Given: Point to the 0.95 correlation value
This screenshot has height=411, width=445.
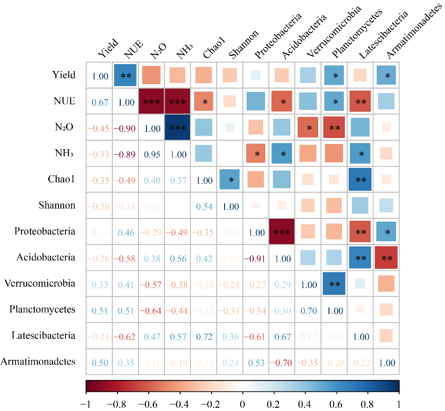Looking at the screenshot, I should [x=152, y=154].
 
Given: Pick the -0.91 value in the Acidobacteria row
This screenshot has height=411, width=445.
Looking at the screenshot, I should [x=256, y=258].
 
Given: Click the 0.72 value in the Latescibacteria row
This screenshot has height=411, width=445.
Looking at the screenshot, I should [x=204, y=335].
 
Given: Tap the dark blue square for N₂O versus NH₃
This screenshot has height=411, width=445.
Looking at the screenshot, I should [x=178, y=127].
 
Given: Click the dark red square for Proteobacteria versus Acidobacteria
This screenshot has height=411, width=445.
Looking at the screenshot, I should [x=282, y=231].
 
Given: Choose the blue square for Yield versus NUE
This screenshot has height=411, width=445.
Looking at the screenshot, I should [x=125, y=75].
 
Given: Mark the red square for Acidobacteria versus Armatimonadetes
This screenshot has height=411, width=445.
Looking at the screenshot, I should [x=386, y=257].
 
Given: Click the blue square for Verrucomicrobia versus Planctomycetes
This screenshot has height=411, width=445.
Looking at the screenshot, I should [x=334, y=283].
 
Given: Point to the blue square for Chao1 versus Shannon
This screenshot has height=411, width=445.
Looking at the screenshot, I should [x=230, y=180].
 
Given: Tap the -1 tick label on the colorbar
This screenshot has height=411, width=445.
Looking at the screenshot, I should [x=86, y=404].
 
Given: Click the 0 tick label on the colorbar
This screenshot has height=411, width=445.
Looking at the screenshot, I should [x=242, y=404].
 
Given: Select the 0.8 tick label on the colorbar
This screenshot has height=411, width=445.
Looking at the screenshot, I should [x=367, y=404].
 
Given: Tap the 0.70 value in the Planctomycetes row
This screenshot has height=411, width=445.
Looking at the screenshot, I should [x=308, y=310].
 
